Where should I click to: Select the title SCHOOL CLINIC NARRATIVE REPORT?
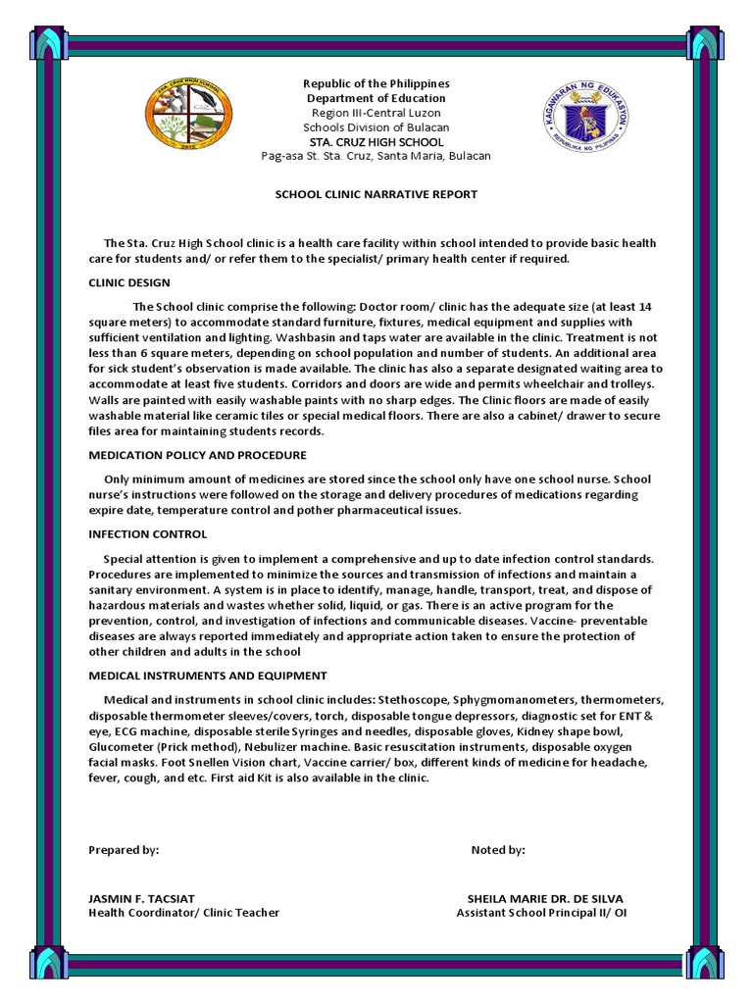pyautogui.click(x=376, y=194)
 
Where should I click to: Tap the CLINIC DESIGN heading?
pyautogui.click(x=128, y=282)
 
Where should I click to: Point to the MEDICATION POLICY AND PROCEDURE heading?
pyautogui.click(x=197, y=455)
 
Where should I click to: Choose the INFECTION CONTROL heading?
pyautogui.click(x=147, y=534)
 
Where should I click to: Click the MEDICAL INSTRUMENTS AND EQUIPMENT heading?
pyautogui.click(x=208, y=676)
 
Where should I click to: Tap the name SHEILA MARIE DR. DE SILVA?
pyautogui.click(x=544, y=898)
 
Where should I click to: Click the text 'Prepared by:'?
pyautogui.click(x=124, y=850)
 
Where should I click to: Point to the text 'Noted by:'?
pyautogui.click(x=498, y=850)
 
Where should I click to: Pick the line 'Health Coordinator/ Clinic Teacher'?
pyautogui.click(x=183, y=913)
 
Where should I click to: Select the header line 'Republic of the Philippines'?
pyautogui.click(x=376, y=83)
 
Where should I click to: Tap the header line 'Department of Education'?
pyautogui.click(x=376, y=98)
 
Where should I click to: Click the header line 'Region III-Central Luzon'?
pyautogui.click(x=376, y=113)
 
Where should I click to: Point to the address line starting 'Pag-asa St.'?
pyautogui.click(x=376, y=156)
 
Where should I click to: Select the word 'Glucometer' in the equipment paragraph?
pyautogui.click(x=122, y=747)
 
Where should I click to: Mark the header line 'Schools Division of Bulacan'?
pyautogui.click(x=376, y=127)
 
